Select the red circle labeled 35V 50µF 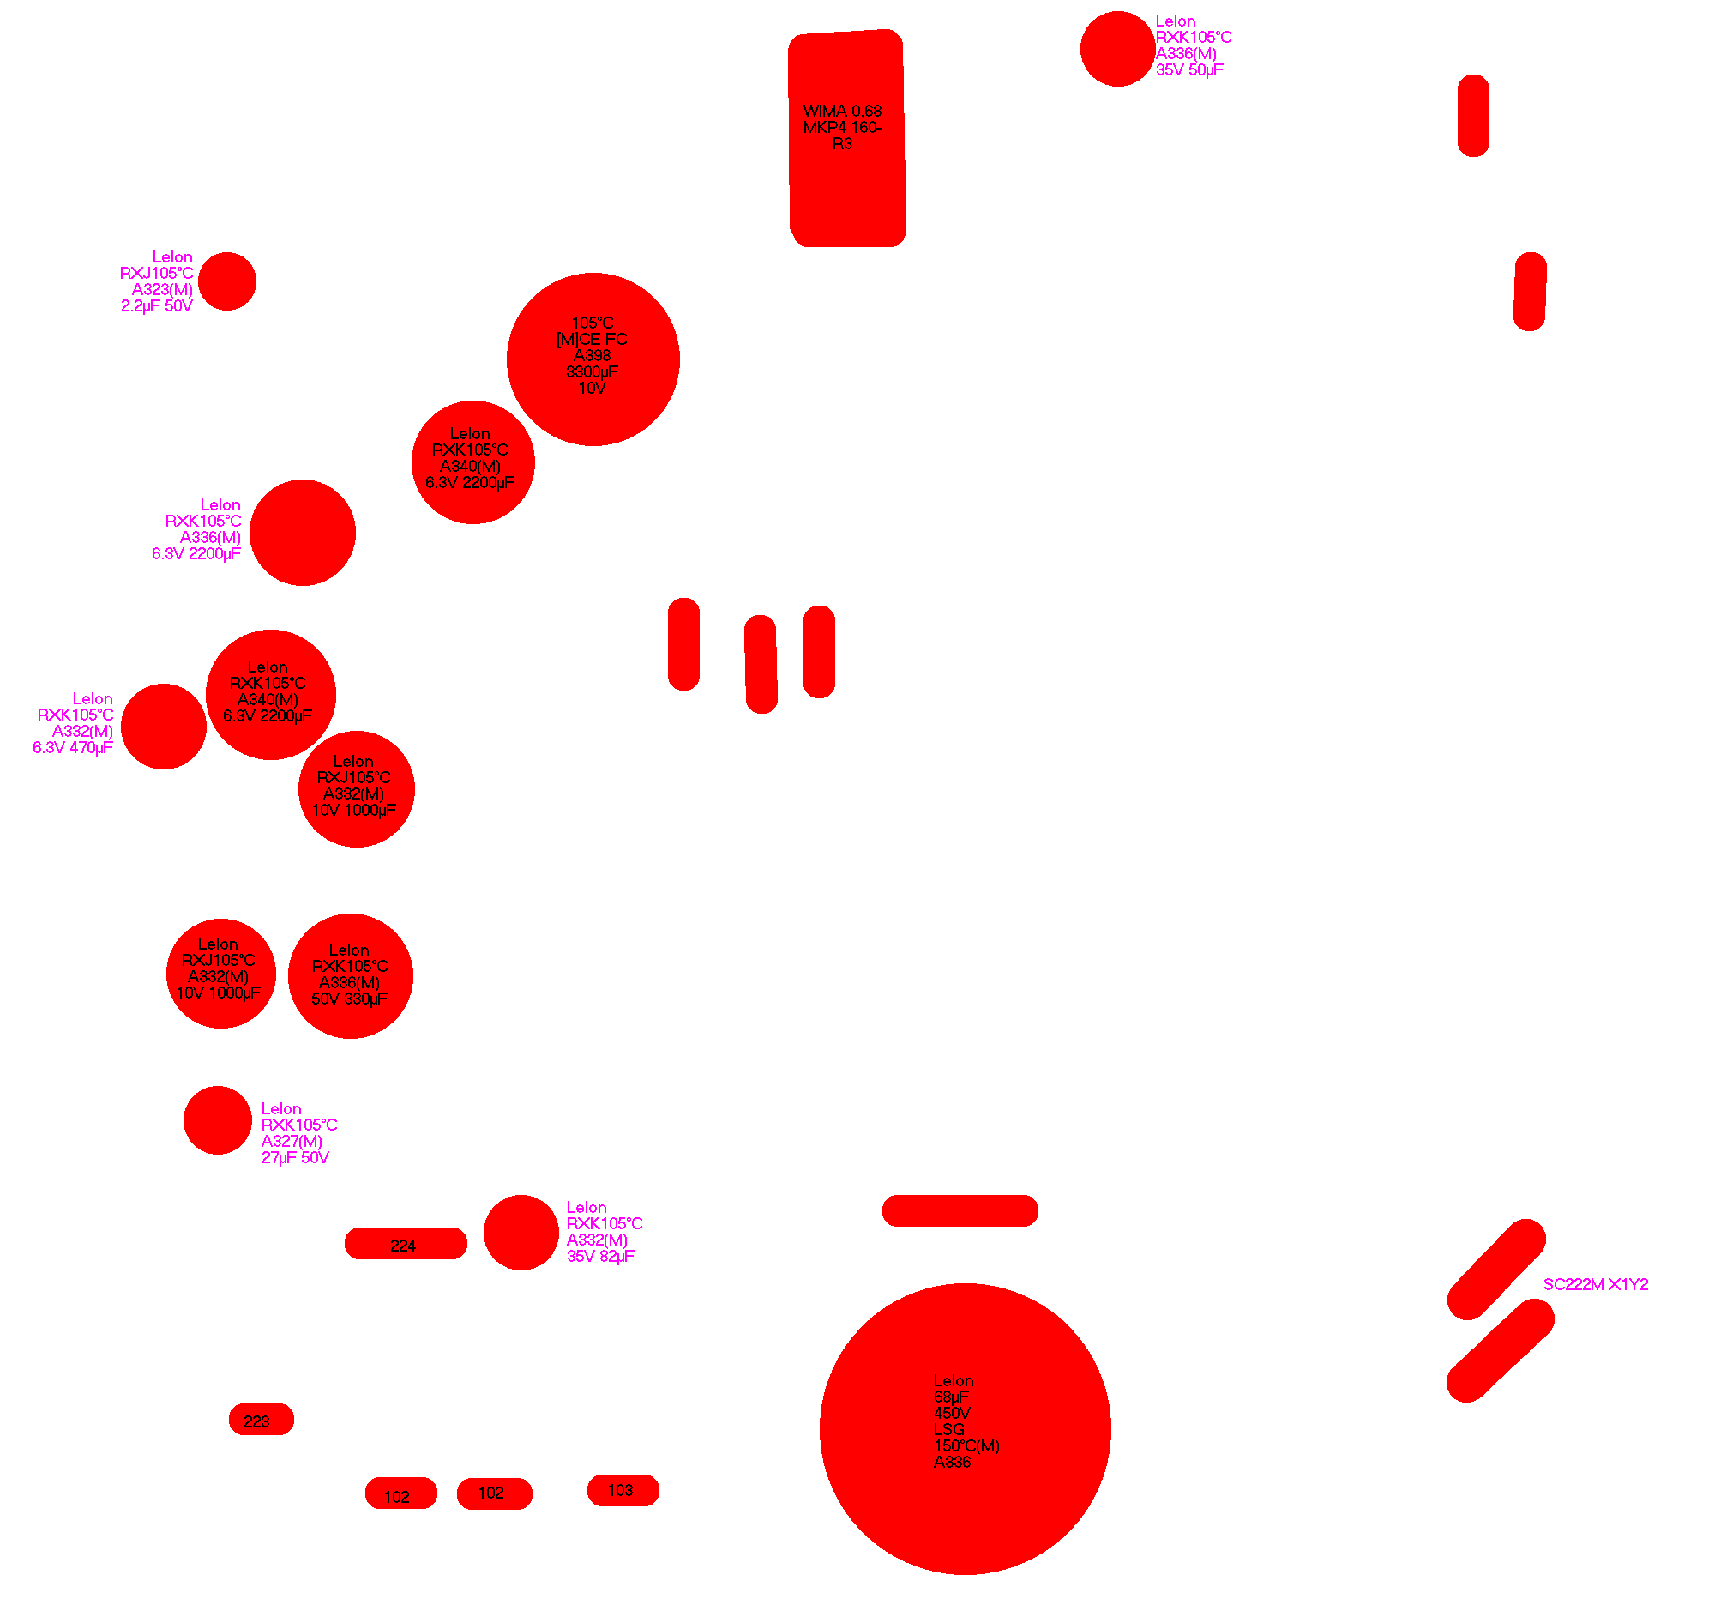(x=1117, y=49)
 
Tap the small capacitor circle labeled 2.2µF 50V (x=227, y=281)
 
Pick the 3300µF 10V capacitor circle (x=593, y=359)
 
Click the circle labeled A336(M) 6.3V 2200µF (x=302, y=533)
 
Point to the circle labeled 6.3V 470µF (x=164, y=727)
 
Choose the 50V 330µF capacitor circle (x=350, y=976)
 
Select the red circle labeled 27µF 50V (x=218, y=1120)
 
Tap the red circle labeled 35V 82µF (x=521, y=1232)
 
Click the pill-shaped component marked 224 (x=406, y=1244)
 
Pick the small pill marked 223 (x=262, y=1420)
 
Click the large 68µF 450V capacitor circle (x=965, y=1429)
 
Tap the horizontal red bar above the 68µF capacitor (x=960, y=1210)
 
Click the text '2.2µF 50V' (x=156, y=306)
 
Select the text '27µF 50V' (x=295, y=1158)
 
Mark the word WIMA (x=825, y=112)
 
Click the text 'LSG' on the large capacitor (x=949, y=1430)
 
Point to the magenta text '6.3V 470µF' (x=73, y=748)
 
